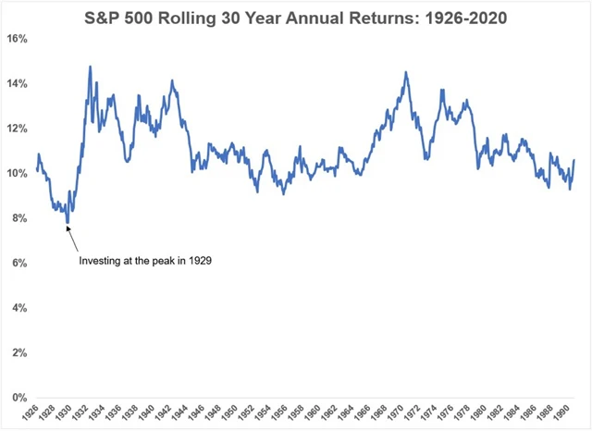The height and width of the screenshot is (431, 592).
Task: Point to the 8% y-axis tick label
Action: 20,218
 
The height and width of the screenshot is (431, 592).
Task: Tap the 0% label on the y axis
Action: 20,398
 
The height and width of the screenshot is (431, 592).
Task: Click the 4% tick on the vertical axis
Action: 20,308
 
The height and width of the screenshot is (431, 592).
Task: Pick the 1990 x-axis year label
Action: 561,413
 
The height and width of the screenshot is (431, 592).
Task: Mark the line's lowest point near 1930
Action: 68,222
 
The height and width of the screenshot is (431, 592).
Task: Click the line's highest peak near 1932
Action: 90,67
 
